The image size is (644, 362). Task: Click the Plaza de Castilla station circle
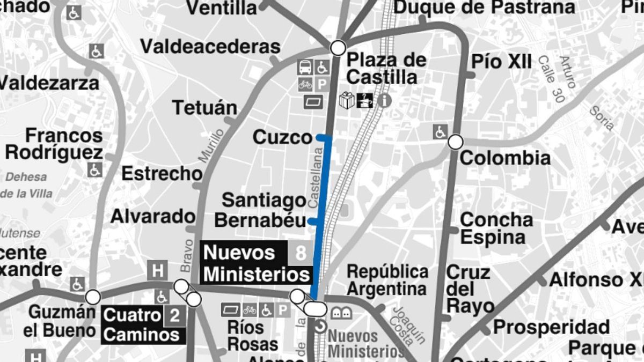click(x=338, y=48)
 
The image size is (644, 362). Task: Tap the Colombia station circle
click(x=455, y=142)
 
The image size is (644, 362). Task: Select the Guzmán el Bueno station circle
click(x=93, y=297)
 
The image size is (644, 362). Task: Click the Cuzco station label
click(x=282, y=137)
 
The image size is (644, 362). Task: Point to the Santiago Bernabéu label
click(x=264, y=210)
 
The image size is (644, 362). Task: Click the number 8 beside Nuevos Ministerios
click(x=301, y=253)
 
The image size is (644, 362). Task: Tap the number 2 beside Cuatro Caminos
click(x=174, y=315)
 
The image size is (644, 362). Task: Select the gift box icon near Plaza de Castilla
click(x=347, y=100)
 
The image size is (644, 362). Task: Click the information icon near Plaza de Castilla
click(x=384, y=100)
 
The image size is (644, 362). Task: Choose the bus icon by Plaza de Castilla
click(x=305, y=67)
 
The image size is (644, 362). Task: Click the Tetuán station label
click(x=204, y=108)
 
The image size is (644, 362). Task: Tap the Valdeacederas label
click(x=210, y=47)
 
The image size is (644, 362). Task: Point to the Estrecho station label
click(x=162, y=174)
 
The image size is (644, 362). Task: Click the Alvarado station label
click(x=153, y=216)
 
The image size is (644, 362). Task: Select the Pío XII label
click(x=501, y=62)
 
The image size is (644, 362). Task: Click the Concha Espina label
click(x=496, y=228)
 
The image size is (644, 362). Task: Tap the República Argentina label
click(x=387, y=280)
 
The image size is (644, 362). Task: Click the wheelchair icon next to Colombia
click(x=441, y=131)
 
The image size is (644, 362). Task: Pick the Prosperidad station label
click(x=551, y=327)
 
